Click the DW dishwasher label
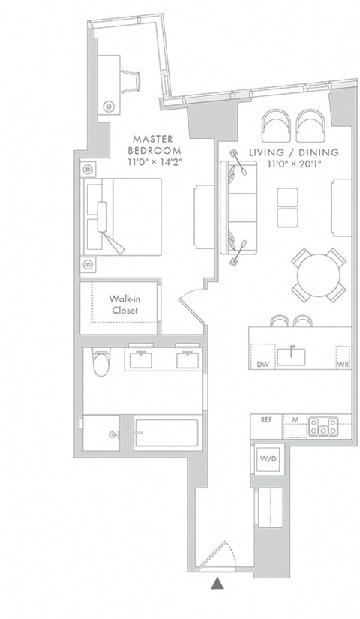262,365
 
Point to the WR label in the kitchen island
343,365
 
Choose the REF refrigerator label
266,420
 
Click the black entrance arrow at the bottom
217,581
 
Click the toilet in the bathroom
98,362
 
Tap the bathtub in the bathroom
166,434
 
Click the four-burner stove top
325,426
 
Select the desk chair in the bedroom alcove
132,78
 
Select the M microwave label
295,420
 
